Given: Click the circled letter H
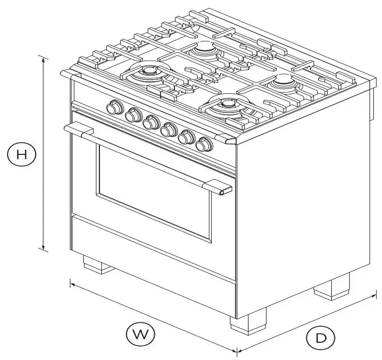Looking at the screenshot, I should (x=21, y=154).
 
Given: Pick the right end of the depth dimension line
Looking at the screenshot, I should (x=375, y=295).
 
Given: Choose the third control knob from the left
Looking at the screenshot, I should (x=151, y=123).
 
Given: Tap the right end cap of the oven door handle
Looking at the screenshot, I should (x=223, y=192).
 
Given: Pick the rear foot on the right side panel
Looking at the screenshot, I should (x=331, y=286).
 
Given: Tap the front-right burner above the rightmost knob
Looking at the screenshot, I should (x=228, y=105).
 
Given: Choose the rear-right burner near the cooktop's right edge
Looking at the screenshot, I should (x=284, y=80).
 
